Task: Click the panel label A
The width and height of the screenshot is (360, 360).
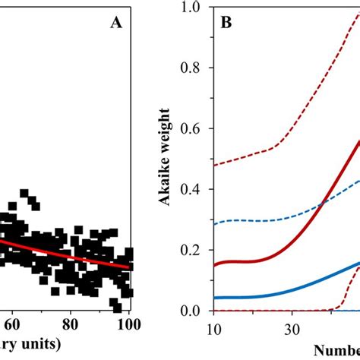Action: point(116,24)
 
